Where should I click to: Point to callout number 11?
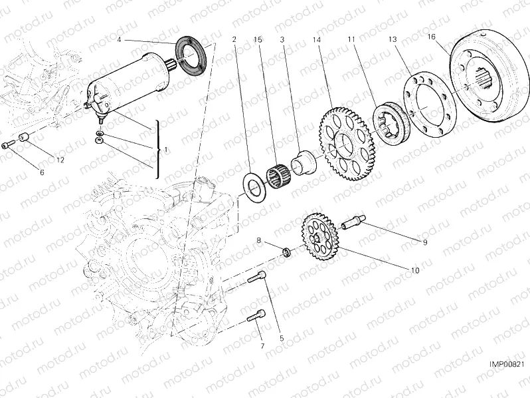click(x=351, y=40)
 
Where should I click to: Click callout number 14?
click(x=315, y=40)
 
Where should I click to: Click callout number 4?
click(x=119, y=40)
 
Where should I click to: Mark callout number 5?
click(x=281, y=339)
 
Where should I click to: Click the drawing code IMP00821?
click(x=507, y=364)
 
